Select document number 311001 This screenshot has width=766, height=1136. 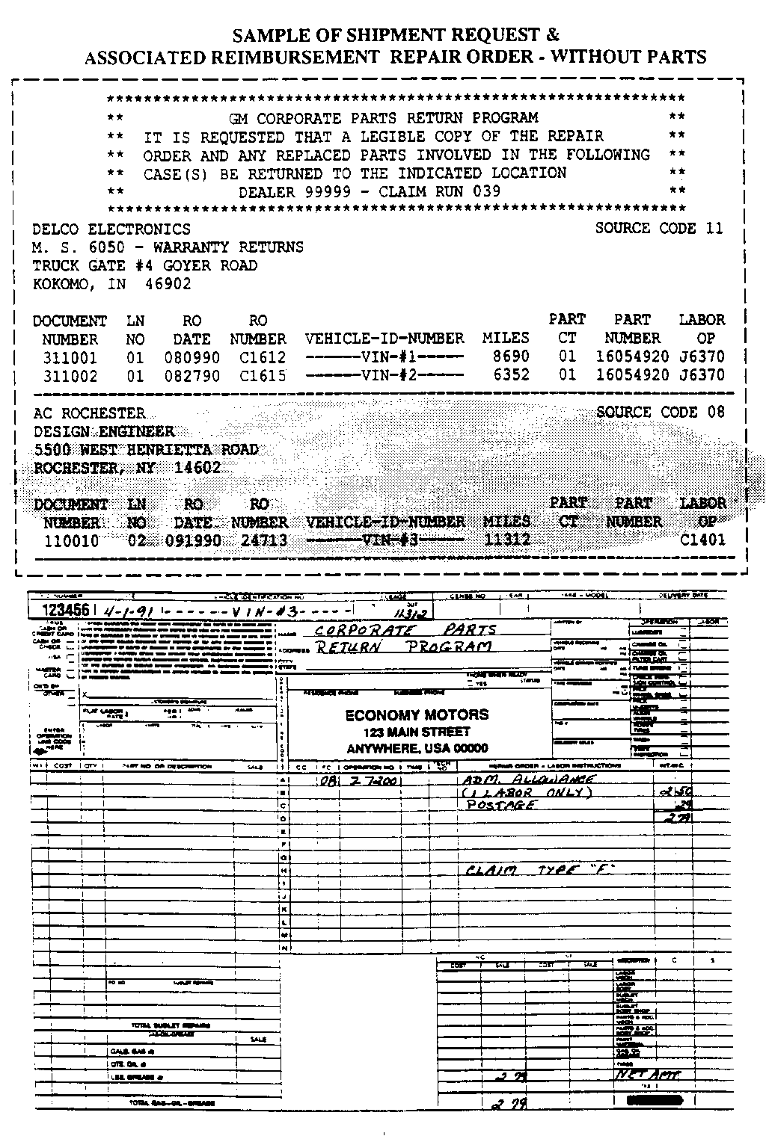70,357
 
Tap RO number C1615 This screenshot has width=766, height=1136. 262,376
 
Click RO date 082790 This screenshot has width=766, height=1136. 192,376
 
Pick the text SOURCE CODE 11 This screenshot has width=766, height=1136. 659,229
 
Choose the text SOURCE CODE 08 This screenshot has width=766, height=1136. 661,413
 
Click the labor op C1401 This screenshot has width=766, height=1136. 702,540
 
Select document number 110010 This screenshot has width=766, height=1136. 71,540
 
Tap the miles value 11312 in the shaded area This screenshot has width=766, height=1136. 507,540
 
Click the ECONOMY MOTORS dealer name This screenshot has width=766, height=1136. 417,715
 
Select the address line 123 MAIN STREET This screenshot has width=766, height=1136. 417,732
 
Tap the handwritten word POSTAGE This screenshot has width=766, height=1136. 501,805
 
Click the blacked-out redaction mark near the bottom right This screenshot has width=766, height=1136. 655,1101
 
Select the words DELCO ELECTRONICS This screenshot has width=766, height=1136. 111,229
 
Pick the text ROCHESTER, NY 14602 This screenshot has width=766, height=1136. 127,469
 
